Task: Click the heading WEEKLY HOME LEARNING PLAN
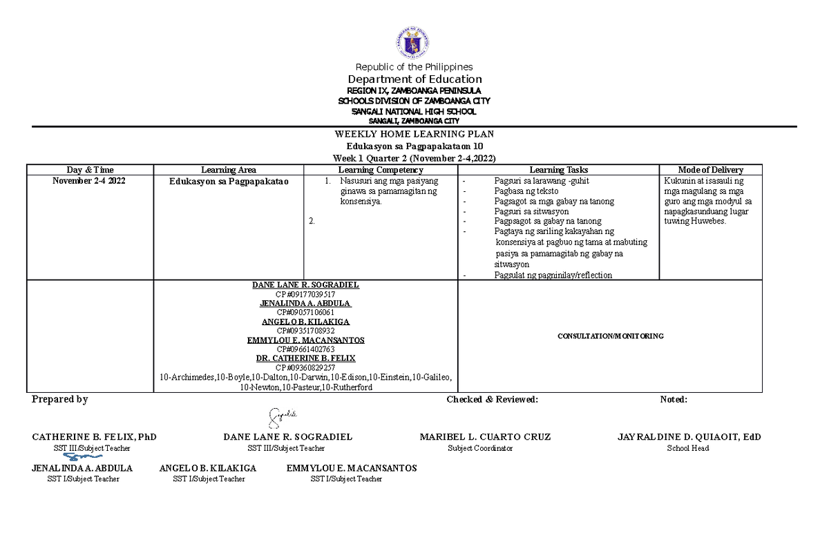click(x=414, y=134)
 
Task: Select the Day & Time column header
click(x=90, y=170)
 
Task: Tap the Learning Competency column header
click(x=380, y=170)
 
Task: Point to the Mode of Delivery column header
click(x=710, y=170)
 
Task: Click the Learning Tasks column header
click(x=558, y=170)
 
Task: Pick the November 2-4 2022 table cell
click(x=90, y=181)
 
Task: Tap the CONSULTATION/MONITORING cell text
click(x=611, y=336)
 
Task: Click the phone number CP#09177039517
click(x=305, y=294)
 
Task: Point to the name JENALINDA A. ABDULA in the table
click(x=305, y=303)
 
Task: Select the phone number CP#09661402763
click(x=305, y=349)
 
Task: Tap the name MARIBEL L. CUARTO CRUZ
click(x=485, y=437)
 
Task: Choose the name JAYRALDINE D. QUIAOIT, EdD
click(x=689, y=437)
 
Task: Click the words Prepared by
click(x=60, y=400)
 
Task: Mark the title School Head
click(x=687, y=448)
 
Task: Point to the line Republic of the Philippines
click(x=414, y=67)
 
